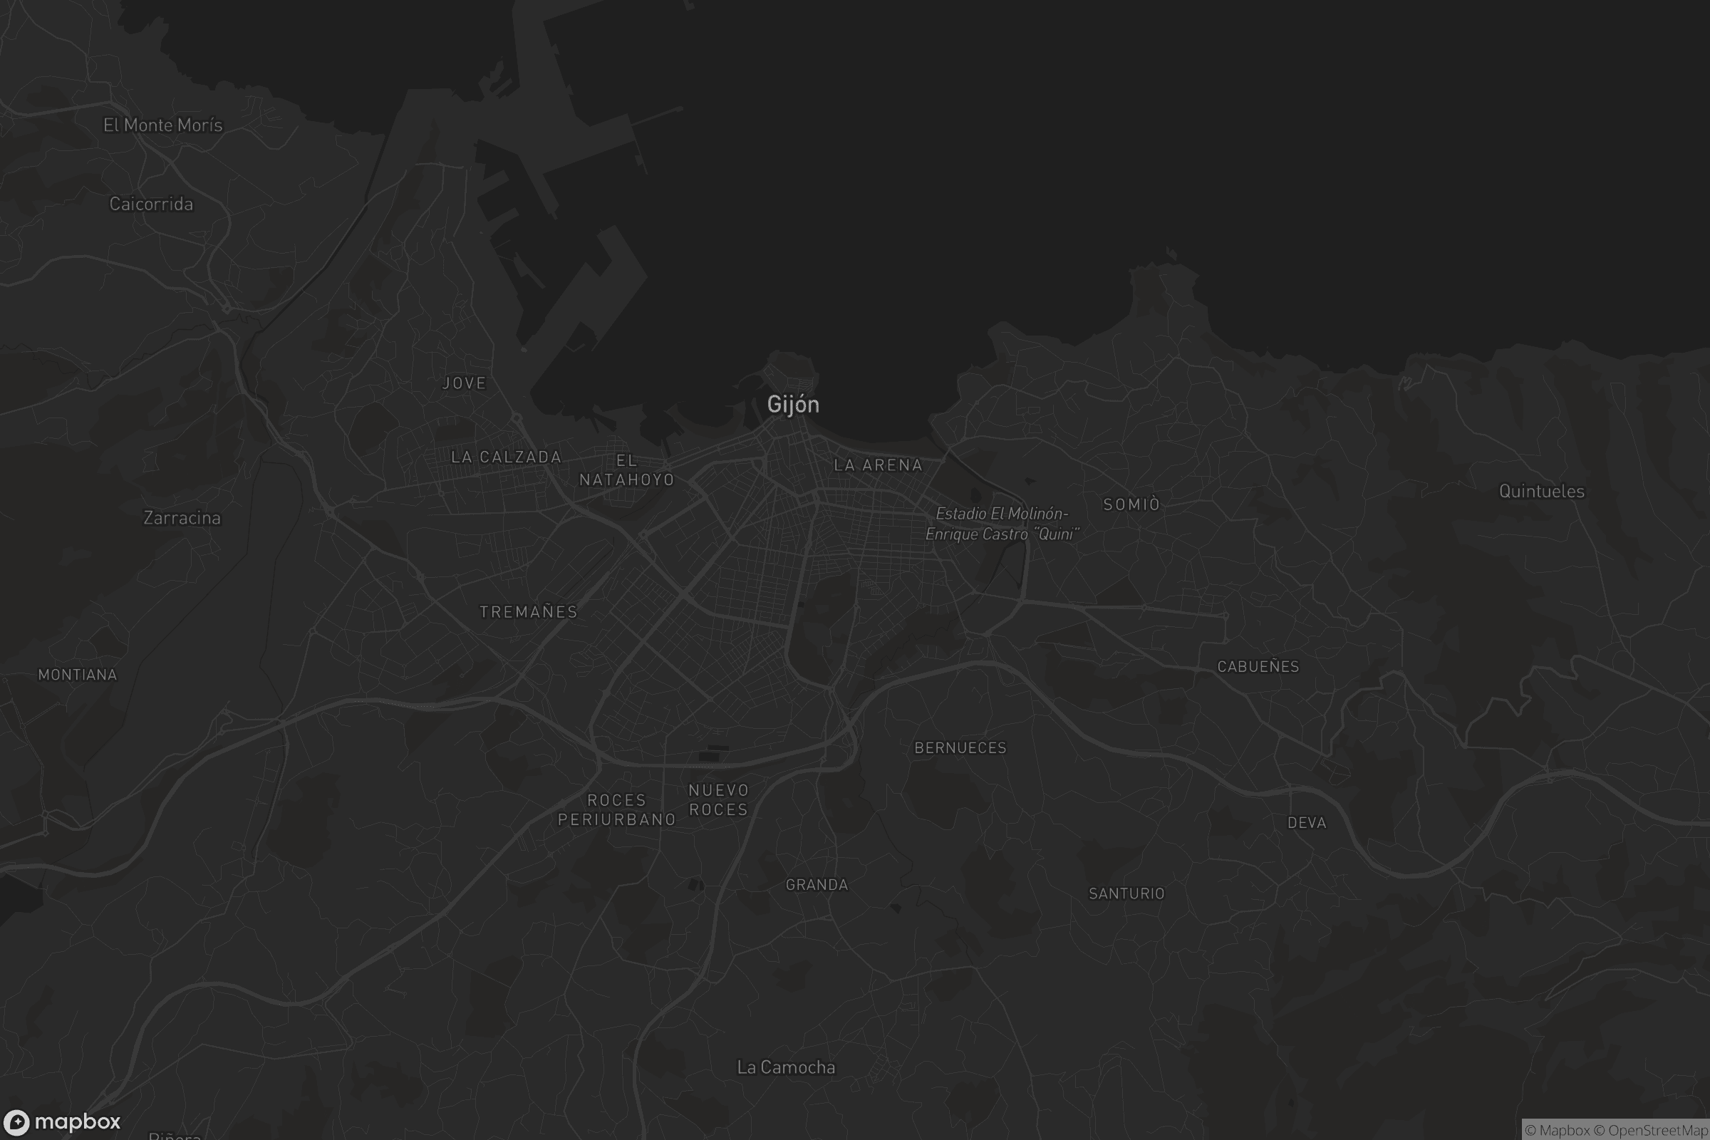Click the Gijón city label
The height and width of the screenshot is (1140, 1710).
pos(793,404)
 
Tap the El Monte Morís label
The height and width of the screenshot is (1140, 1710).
pos(163,125)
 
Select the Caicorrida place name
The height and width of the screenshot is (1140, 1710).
pos(151,204)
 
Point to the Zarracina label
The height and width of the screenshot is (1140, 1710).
pos(182,518)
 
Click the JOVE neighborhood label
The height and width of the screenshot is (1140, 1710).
pos(464,383)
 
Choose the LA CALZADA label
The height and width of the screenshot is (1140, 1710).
pos(506,457)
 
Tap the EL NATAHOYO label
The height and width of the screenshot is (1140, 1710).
pos(627,470)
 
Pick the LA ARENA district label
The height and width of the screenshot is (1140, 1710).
pos(878,465)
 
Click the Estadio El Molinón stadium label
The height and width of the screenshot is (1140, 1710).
pos(1002,524)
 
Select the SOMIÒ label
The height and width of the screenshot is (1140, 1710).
pos(1131,504)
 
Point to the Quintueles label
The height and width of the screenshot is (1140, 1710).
pos(1541,492)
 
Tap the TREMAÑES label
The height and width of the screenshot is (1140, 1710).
pos(529,612)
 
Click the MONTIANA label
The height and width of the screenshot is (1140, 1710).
pos(78,675)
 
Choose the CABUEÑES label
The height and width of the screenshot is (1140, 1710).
pos(1258,667)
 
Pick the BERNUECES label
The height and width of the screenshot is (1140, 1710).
pos(960,748)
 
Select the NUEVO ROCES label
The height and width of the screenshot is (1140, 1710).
pos(718,799)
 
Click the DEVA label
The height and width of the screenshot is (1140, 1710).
pos(1307,823)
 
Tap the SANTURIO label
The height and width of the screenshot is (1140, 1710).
pos(1126,893)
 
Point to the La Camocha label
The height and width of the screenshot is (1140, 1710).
pos(786,1067)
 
